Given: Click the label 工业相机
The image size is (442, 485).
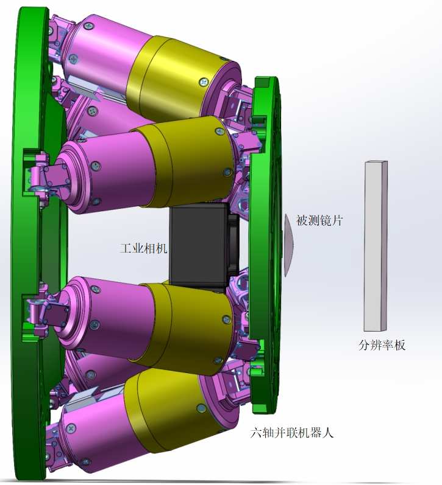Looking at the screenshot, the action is point(143,248).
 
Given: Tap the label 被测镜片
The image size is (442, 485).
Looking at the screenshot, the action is point(319,221).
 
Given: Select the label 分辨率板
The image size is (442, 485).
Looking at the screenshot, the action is point(382,345).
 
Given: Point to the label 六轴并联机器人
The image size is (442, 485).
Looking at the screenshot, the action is point(292,433).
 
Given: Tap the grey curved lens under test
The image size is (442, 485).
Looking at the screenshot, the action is point(288,245).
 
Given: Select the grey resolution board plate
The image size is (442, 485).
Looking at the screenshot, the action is point(376,246).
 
